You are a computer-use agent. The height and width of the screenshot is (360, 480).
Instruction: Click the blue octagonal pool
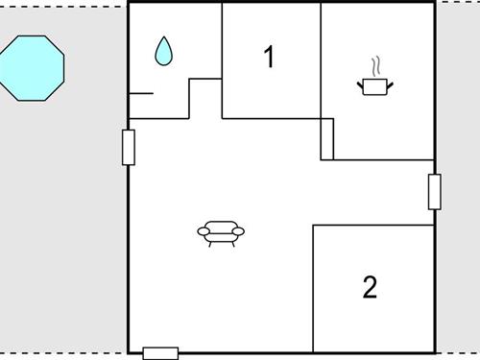(x=32, y=67)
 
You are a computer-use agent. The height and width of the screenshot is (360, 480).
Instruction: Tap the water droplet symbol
(x=164, y=52)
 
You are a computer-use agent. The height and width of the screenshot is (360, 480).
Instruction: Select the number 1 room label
(x=269, y=58)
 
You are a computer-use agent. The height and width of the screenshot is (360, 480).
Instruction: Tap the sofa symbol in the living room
(x=221, y=231)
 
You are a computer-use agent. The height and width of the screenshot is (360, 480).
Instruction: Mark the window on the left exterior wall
(x=129, y=147)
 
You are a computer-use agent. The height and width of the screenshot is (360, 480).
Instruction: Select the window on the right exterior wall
(x=434, y=192)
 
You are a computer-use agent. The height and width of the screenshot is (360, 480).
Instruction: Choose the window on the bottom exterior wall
(x=160, y=352)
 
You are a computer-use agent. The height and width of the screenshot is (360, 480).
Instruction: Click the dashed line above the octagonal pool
(x=58, y=6)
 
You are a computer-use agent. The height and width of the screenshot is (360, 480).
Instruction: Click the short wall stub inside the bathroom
(x=140, y=93)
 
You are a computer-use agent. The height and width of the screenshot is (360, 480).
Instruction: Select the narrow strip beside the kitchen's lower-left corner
(x=326, y=139)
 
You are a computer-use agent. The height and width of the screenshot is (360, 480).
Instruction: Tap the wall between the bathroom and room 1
(x=222, y=43)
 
